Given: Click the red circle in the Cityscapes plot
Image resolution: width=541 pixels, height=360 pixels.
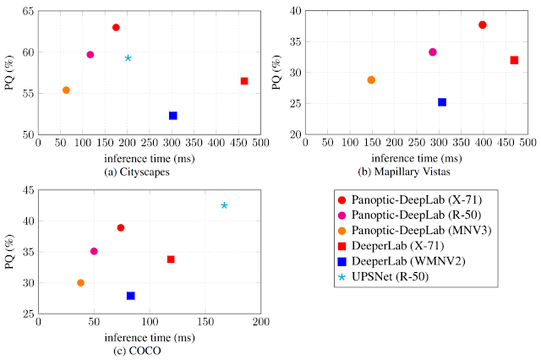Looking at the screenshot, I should pyautogui.click(x=116, y=27).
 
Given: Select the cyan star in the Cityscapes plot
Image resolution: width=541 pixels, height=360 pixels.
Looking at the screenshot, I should pyautogui.click(x=128, y=57).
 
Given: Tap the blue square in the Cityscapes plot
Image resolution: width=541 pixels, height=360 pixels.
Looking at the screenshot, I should pyautogui.click(x=172, y=115).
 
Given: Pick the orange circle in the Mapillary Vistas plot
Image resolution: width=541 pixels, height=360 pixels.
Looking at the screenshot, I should pyautogui.click(x=371, y=79).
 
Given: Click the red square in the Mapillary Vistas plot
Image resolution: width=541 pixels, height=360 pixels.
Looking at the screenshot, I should pyautogui.click(x=514, y=60).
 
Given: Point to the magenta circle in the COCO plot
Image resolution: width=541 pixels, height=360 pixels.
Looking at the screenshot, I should pyautogui.click(x=94, y=251).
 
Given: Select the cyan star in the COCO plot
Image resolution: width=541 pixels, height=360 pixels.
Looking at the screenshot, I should pyautogui.click(x=224, y=205).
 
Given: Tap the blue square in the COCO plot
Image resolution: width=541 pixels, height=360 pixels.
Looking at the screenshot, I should pyautogui.click(x=131, y=296).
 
